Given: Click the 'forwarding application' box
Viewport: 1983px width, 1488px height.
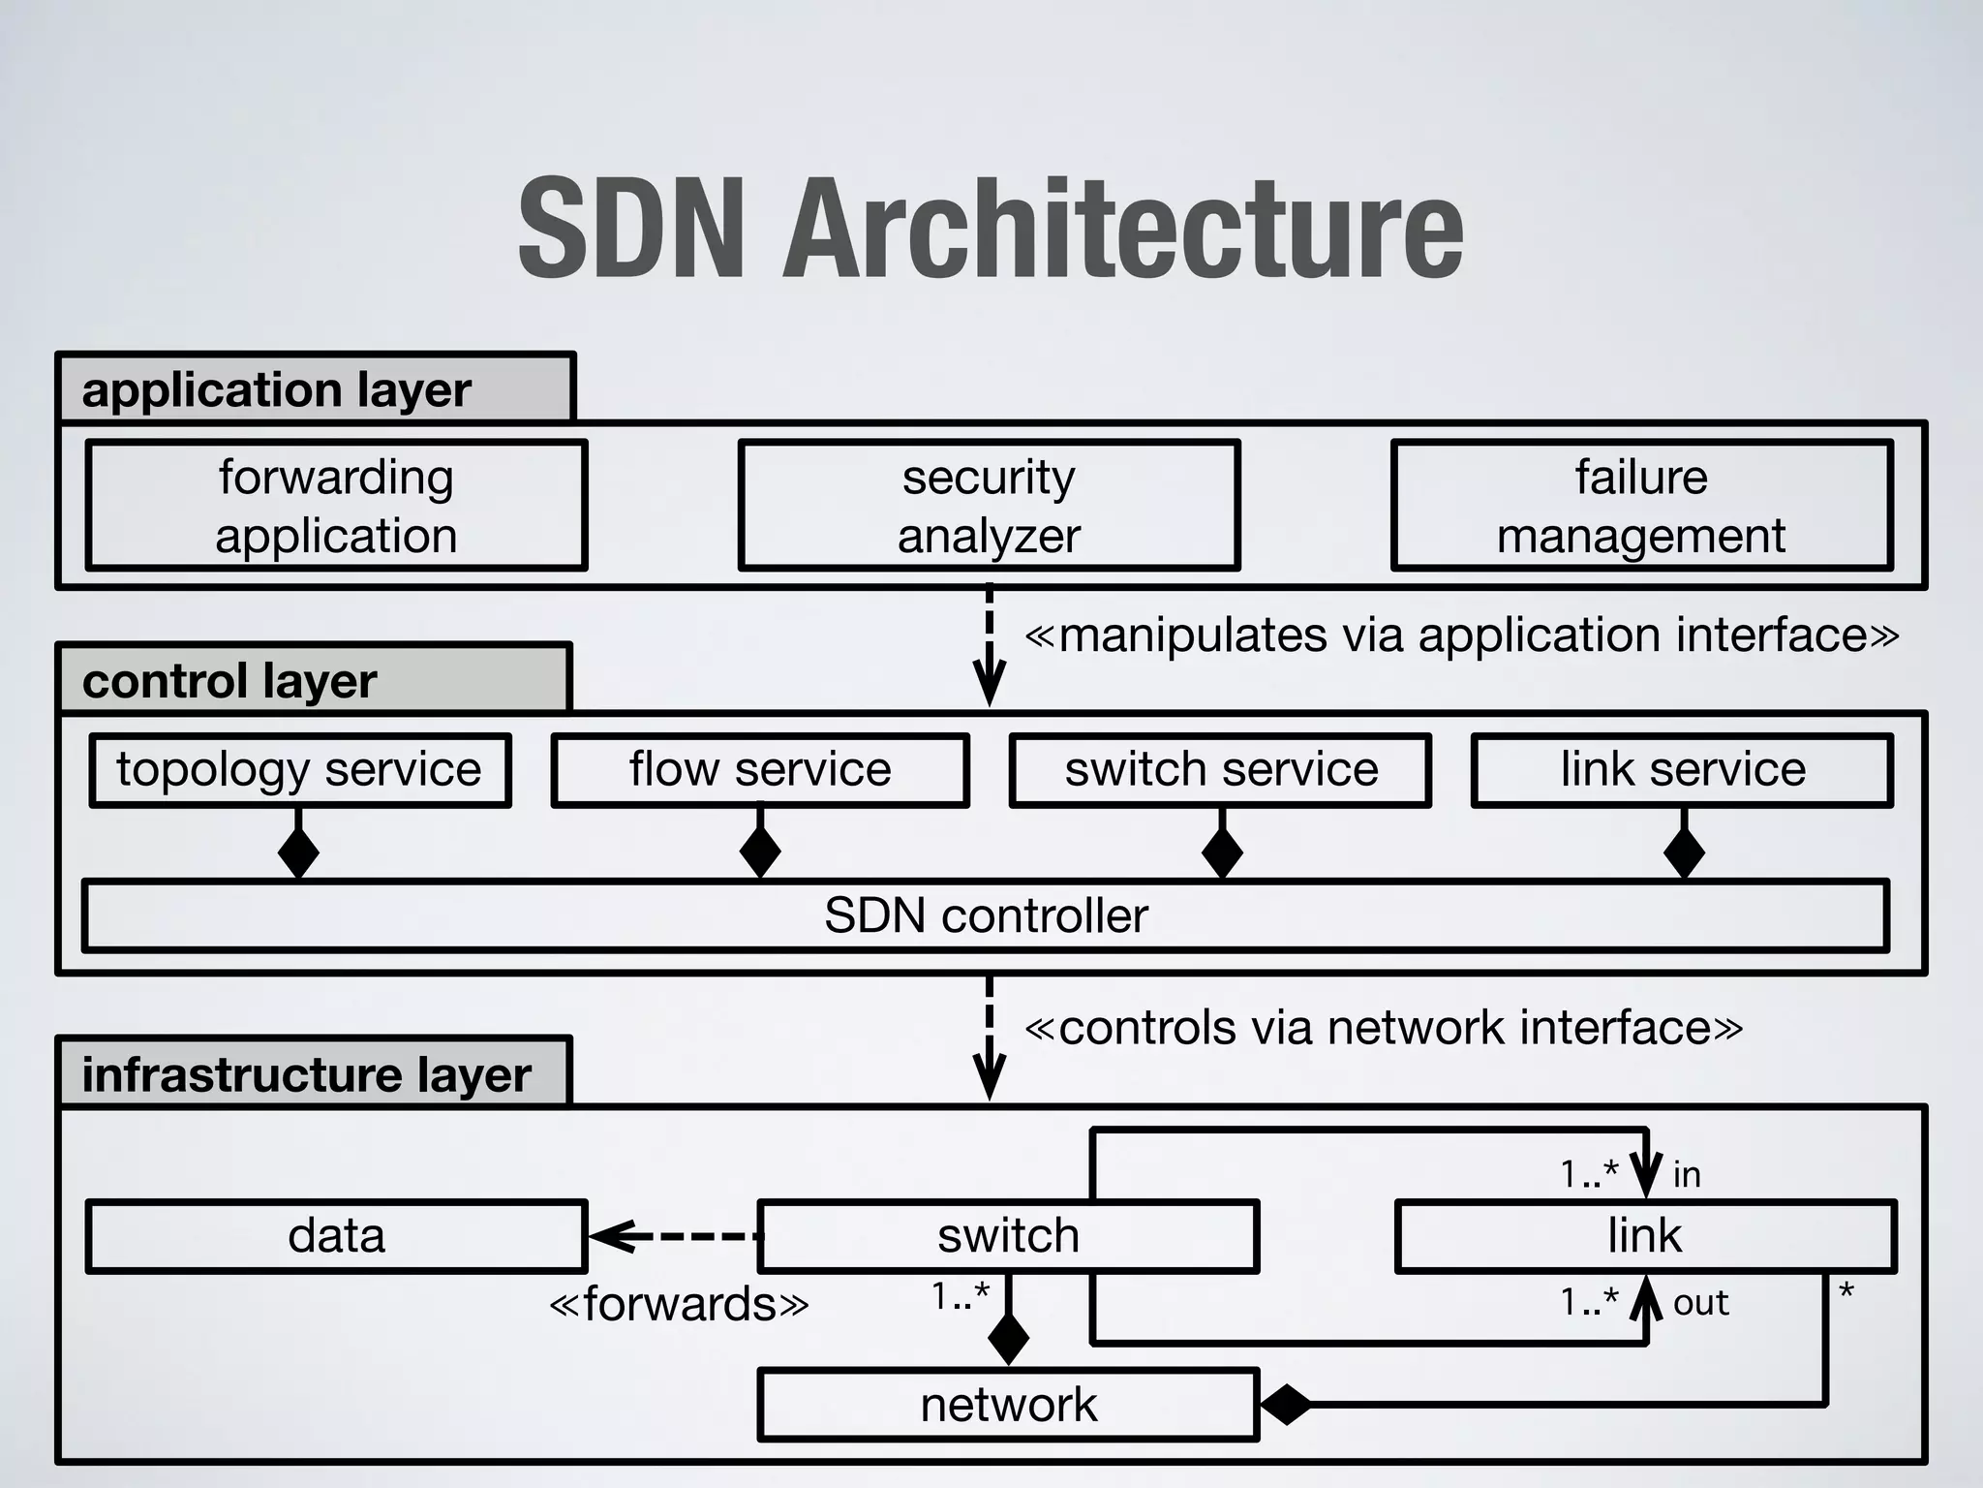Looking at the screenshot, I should point(336,505).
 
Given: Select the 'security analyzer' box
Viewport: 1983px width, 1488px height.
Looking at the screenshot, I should point(989,505).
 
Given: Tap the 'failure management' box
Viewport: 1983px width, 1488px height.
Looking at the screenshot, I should point(1641,505).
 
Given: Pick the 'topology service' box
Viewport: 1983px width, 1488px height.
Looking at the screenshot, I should point(299,770).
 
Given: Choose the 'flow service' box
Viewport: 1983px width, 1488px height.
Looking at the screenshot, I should point(760,770).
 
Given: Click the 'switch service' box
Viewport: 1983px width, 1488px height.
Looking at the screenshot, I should point(1221,770).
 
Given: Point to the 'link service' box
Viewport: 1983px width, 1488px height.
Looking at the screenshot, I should point(1683,770).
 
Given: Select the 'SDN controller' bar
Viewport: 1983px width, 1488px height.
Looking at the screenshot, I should point(986,915).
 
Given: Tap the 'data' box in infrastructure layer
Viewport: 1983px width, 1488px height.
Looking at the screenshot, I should point(336,1236).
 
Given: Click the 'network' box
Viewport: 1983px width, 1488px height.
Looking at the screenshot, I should point(1008,1405).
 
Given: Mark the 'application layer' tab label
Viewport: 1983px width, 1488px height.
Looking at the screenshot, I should point(277,389).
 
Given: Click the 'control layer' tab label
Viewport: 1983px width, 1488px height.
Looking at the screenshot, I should point(229,681).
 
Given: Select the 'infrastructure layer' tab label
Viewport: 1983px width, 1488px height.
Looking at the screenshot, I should point(306,1074).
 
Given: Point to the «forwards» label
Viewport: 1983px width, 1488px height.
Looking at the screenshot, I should point(679,1304).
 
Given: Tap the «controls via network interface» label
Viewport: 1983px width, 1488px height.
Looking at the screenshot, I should point(1384,1027).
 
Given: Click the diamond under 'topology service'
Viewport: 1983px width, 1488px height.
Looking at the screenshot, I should point(299,852).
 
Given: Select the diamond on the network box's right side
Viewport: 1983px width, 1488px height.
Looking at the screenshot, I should point(1286,1404).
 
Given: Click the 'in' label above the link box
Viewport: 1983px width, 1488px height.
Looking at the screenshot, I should point(1687,1174).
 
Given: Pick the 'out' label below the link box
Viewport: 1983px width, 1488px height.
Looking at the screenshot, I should point(1700,1303).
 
